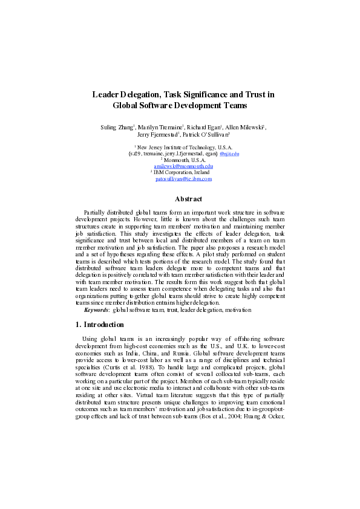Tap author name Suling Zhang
pyautogui.click(x=117, y=128)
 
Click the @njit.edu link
pyautogui.click(x=229, y=154)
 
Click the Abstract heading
pyautogui.click(x=188, y=199)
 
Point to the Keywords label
pyautogui.click(x=97, y=310)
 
